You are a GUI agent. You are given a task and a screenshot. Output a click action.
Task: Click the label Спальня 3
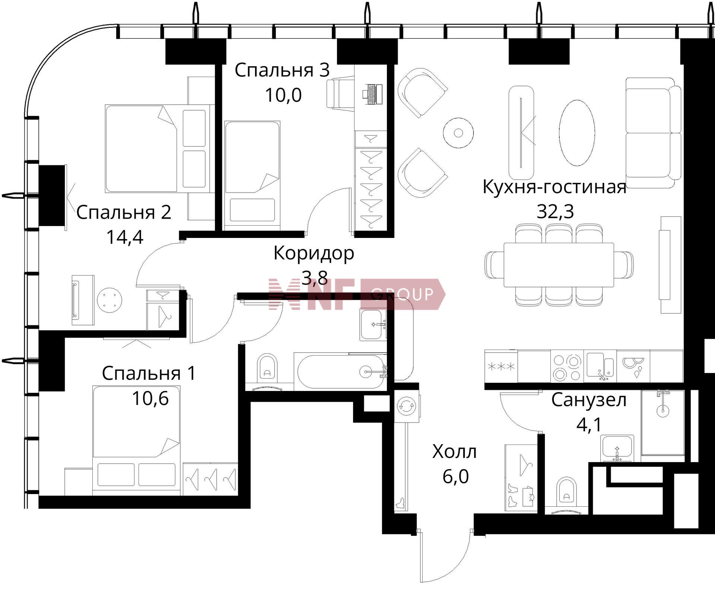tap(282, 70)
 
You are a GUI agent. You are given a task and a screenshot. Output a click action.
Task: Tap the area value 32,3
tap(555, 211)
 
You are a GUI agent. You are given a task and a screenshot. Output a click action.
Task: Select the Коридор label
tap(314, 254)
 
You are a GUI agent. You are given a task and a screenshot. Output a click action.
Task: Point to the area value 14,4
tap(124, 237)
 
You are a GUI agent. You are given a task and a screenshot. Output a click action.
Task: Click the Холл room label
tap(454, 452)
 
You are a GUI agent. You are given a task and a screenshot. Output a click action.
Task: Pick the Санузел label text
tap(589, 400)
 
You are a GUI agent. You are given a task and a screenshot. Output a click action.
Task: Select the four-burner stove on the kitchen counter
tap(567, 367)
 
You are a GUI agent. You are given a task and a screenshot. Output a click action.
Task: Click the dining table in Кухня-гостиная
tap(559, 265)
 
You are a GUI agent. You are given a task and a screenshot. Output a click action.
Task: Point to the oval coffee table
tap(577, 133)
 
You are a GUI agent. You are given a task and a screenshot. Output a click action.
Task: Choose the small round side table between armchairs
tap(458, 133)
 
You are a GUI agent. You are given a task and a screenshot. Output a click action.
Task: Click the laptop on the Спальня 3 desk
tap(372, 94)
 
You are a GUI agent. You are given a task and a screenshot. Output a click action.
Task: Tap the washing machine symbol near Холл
tap(406, 406)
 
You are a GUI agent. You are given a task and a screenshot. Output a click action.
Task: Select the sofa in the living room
tap(653, 133)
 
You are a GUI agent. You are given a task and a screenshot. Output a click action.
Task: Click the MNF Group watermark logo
tap(357, 294)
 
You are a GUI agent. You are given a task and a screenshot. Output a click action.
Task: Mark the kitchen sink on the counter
tap(600, 366)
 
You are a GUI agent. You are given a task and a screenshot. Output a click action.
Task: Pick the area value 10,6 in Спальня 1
tap(150, 398)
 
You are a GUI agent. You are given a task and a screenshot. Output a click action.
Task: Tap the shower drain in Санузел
tap(663, 411)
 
